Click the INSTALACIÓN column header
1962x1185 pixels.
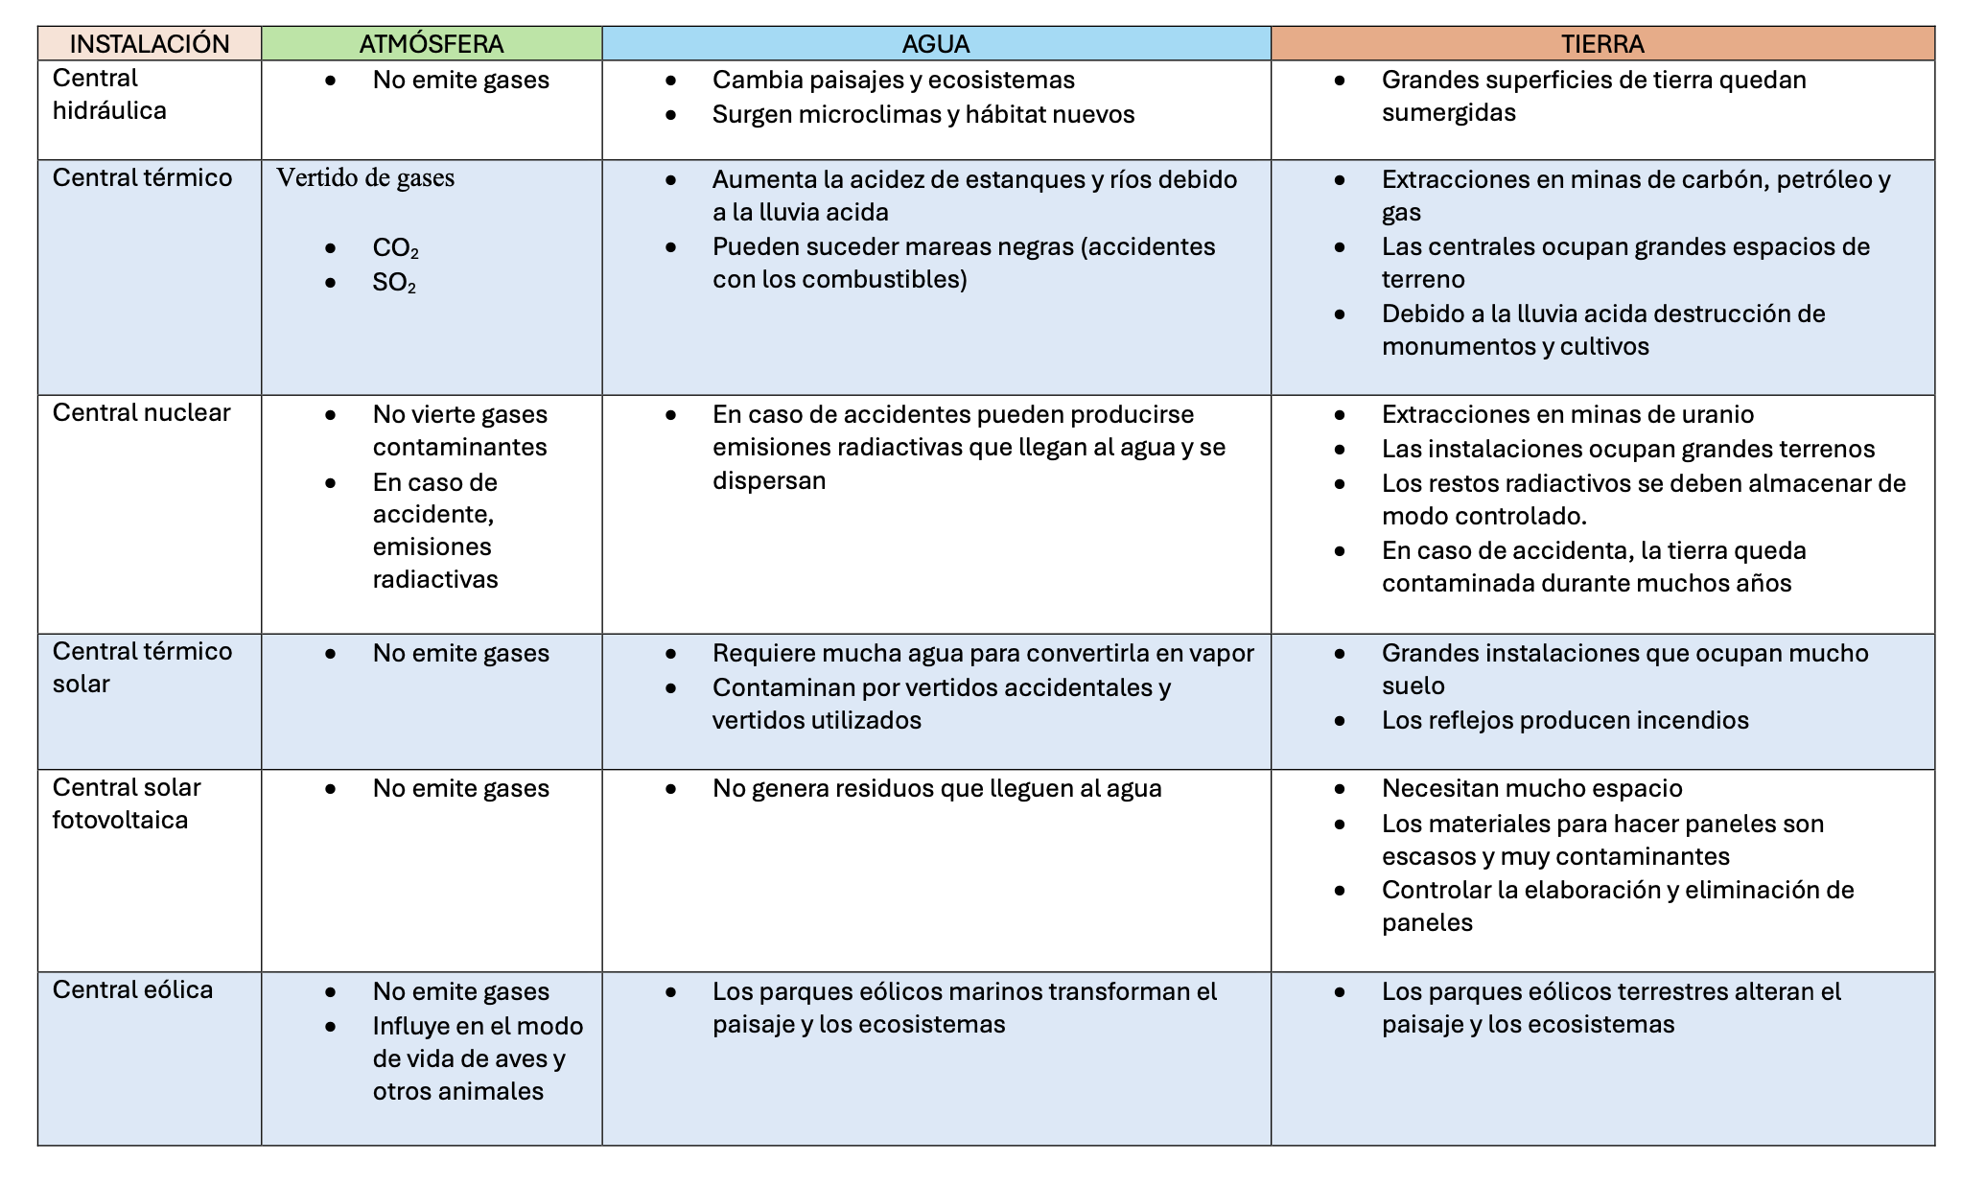150,44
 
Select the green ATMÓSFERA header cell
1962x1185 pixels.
432,44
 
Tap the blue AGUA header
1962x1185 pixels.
936,44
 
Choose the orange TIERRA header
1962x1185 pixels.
1602,44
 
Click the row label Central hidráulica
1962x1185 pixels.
109,94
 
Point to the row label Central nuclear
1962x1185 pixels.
141,412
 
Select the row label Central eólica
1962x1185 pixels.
132,989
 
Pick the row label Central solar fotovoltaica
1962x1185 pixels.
126,803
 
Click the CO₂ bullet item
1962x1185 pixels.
395,248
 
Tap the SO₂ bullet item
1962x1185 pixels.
394,283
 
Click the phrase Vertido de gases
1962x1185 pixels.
365,178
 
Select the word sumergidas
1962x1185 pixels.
1448,113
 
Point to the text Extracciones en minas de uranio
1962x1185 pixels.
1567,414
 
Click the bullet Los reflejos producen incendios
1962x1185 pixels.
1565,720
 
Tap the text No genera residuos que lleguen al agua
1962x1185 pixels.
937,788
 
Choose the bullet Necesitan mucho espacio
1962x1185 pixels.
1531,788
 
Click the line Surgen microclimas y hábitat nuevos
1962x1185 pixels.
923,115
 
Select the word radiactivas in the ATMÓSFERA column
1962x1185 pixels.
435,579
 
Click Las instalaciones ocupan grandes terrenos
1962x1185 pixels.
1627,449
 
